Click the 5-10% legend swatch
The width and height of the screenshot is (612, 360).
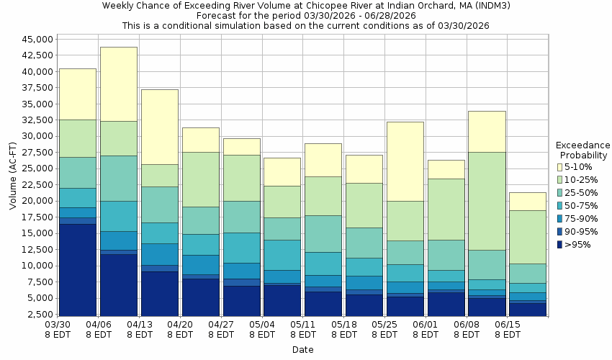point(561,167)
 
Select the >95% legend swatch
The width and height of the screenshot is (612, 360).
point(561,245)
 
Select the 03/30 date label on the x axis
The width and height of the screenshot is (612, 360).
point(58,325)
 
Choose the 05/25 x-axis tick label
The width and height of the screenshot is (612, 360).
point(385,325)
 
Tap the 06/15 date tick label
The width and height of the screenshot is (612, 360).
point(508,325)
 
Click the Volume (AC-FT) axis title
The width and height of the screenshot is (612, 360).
point(13,177)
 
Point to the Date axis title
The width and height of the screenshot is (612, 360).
point(302,350)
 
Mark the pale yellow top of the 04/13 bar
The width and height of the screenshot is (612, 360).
point(160,127)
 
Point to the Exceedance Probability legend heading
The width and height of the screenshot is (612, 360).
point(582,150)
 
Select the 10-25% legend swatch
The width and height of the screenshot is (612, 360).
point(561,180)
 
